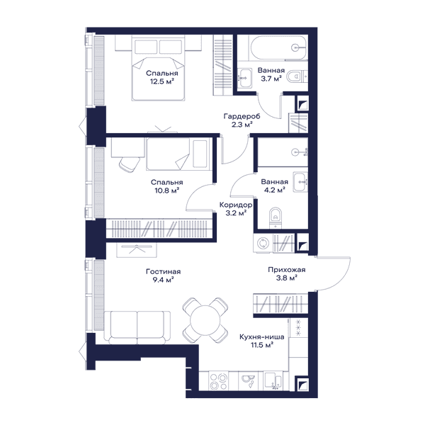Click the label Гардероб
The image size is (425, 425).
click(x=242, y=117)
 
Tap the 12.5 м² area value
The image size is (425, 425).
click(x=161, y=81)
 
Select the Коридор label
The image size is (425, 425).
click(x=236, y=205)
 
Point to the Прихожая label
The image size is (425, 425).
click(x=286, y=270)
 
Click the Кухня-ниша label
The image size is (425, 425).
click(x=261, y=337)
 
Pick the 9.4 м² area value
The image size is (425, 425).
click(x=163, y=280)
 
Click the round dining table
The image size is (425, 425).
click(x=205, y=320)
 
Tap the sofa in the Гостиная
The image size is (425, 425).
click(x=137, y=327)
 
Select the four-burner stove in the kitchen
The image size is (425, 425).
click(x=219, y=381)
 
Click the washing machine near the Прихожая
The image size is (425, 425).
click(x=263, y=243)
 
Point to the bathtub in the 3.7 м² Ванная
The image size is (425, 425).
click(x=279, y=48)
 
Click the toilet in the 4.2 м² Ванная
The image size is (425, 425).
click(x=276, y=217)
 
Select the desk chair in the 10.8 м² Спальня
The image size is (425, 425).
click(x=130, y=164)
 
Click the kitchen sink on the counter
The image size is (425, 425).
click(x=248, y=380)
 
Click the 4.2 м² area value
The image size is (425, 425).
click(x=275, y=191)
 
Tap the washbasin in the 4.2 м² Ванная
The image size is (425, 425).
click(x=300, y=182)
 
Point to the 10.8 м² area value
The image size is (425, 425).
click(x=167, y=191)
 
